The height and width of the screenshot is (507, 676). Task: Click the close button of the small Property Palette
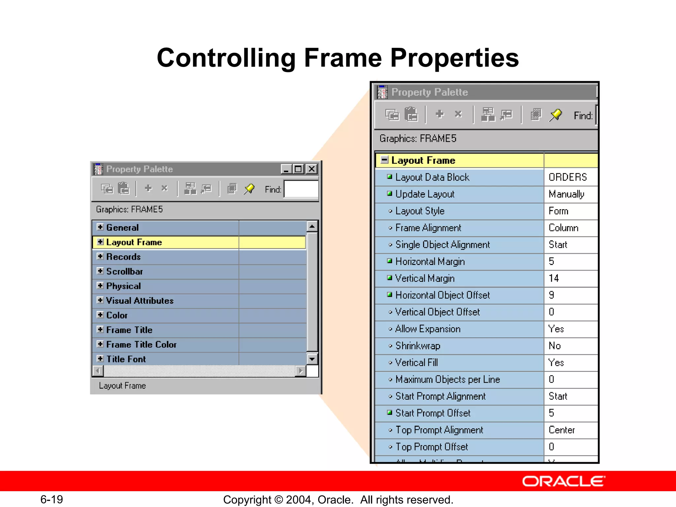[311, 169]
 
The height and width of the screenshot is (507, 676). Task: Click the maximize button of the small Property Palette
[298, 169]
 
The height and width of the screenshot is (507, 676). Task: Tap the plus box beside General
[100, 227]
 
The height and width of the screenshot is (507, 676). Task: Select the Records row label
[123, 257]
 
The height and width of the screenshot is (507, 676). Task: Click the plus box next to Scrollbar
[100, 271]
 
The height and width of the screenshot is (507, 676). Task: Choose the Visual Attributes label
[140, 301]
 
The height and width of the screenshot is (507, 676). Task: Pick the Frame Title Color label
[141, 345]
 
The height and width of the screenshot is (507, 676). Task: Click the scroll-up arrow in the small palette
[312, 226]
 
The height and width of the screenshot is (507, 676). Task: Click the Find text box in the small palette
[301, 189]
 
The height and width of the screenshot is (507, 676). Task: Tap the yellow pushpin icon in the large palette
[556, 115]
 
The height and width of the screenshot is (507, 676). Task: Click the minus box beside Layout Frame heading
[384, 160]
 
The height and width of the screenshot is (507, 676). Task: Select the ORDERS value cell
[568, 177]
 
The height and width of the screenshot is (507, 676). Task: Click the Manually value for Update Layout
[566, 194]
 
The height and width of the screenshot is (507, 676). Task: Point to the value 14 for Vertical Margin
[554, 278]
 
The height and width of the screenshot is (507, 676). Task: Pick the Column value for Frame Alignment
[563, 228]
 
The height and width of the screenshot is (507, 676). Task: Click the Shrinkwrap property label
[418, 346]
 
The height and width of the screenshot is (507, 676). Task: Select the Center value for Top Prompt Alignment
[562, 430]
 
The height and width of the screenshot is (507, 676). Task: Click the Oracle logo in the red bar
[563, 482]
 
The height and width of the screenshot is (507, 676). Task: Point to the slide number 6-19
[51, 499]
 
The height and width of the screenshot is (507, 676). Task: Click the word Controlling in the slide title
[226, 58]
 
